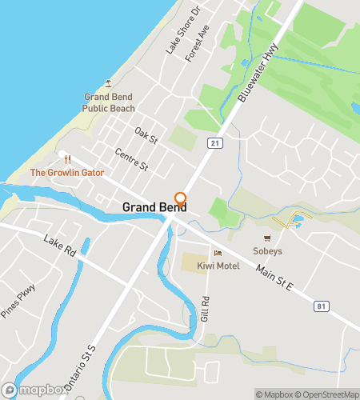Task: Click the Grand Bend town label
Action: pyautogui.click(x=154, y=207)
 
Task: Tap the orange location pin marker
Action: pyautogui.click(x=181, y=200)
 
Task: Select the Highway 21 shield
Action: pyautogui.click(x=214, y=142)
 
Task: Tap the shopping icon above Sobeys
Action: pyautogui.click(x=268, y=238)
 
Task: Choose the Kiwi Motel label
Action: pyautogui.click(x=218, y=266)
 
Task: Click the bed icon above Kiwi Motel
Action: pyautogui.click(x=218, y=254)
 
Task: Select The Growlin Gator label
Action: pyautogui.click(x=67, y=172)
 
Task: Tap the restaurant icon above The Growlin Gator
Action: pyautogui.click(x=67, y=159)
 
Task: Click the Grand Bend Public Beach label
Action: pyautogui.click(x=109, y=102)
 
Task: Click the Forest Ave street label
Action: pyautogui.click(x=197, y=44)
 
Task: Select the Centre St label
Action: pyautogui.click(x=132, y=159)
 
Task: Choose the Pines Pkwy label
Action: pyautogui.click(x=18, y=301)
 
